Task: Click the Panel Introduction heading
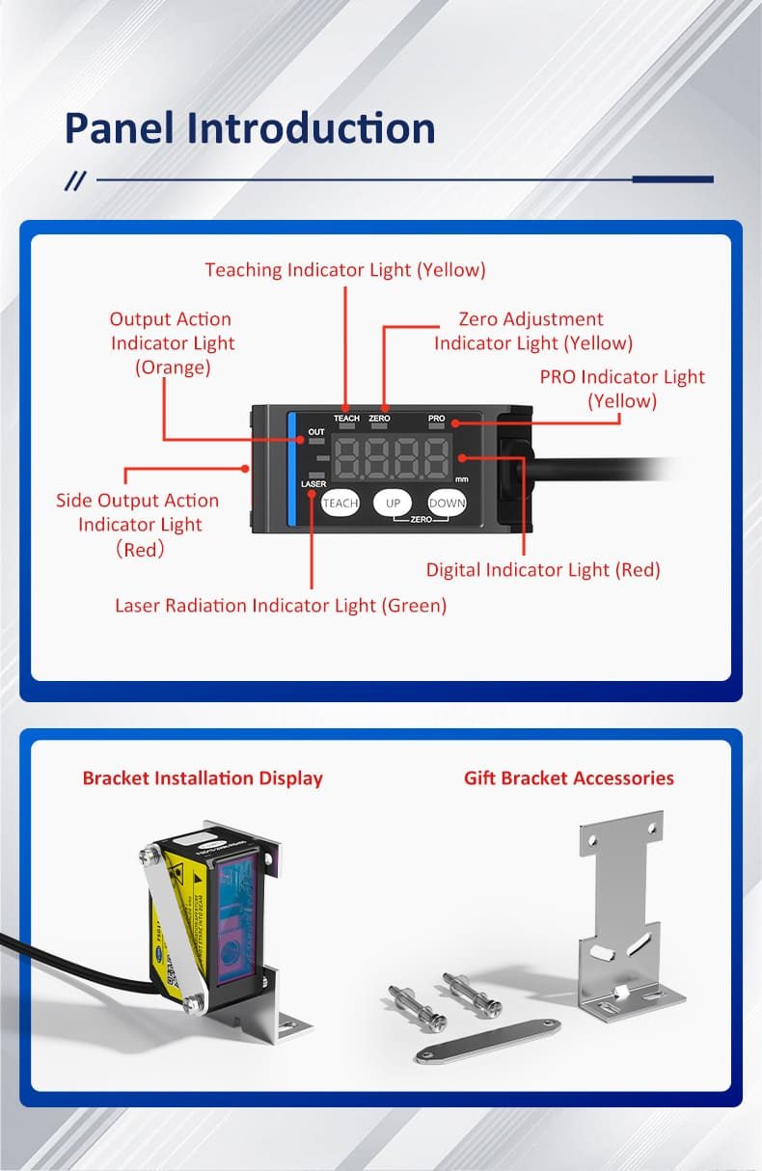[250, 129]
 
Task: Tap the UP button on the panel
[393, 503]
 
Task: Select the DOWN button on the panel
[447, 503]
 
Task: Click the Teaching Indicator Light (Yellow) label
[345, 270]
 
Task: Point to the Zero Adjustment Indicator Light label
[532, 331]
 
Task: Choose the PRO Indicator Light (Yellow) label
[622, 389]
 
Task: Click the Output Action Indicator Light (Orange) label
[172, 342]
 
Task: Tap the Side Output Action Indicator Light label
[138, 524]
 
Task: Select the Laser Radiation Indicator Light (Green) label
[281, 606]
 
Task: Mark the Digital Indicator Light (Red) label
[543, 570]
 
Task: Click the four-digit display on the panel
[392, 457]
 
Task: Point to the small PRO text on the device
[436, 419]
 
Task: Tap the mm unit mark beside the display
[461, 478]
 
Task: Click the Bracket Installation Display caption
[203, 778]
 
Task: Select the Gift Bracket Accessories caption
[569, 778]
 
